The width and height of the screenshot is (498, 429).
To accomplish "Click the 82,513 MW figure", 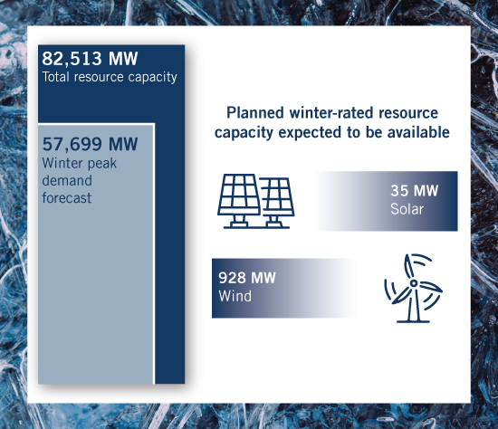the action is tap(90, 59).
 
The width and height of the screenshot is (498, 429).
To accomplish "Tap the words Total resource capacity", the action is tap(110, 77).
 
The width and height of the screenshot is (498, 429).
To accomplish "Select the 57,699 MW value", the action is tap(90, 144).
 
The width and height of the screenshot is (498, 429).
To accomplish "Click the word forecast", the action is tap(67, 198).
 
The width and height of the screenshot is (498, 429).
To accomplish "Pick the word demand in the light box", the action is tap(67, 180).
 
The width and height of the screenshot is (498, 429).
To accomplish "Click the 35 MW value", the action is tap(414, 191).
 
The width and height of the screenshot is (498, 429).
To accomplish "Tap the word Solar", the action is tap(407, 209).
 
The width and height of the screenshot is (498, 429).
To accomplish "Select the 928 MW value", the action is tap(247, 278).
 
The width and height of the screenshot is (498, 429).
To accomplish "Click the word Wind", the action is tap(235, 296).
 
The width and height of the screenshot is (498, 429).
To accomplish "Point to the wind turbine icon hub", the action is tap(414, 283).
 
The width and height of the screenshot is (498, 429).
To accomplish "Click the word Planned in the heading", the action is tap(255, 113).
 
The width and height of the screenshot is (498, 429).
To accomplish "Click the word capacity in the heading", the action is tap(244, 133).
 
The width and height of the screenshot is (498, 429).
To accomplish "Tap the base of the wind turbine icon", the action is tap(413, 321).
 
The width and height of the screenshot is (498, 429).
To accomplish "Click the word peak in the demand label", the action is tap(102, 164).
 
